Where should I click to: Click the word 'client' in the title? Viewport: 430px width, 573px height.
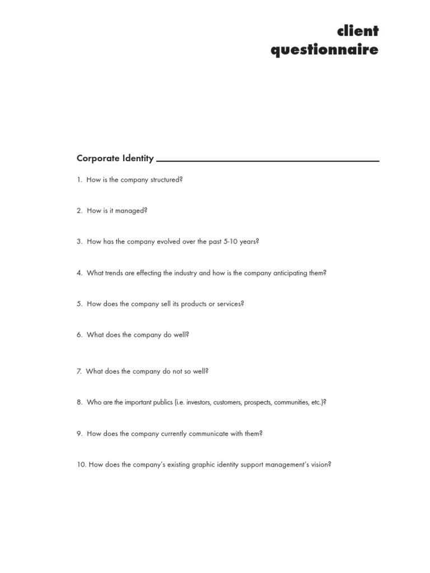click(x=358, y=31)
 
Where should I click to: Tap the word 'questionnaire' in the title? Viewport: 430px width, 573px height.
click(x=324, y=50)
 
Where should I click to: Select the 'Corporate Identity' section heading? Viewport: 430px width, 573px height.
click(x=115, y=158)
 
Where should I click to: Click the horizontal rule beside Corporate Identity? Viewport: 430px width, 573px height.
click(x=268, y=161)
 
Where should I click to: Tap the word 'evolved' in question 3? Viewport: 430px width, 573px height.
click(x=163, y=242)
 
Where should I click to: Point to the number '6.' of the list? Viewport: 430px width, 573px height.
click(x=80, y=335)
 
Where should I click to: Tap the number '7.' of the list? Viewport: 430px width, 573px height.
click(x=80, y=371)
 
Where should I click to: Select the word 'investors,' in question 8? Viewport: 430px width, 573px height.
click(x=199, y=402)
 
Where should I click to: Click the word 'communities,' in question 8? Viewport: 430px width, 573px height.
click(x=291, y=402)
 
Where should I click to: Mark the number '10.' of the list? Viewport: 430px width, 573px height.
click(x=82, y=464)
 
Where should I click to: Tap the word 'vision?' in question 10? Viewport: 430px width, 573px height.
click(x=319, y=464)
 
